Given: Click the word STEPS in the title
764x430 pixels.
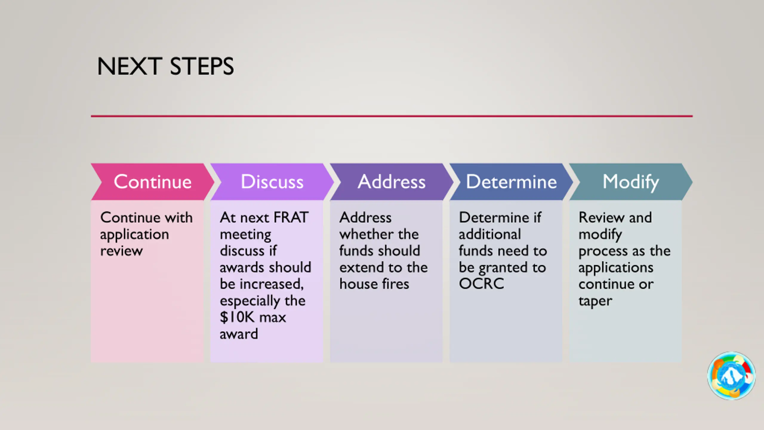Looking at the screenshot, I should [202, 66].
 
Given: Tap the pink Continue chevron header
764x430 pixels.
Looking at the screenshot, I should [153, 182].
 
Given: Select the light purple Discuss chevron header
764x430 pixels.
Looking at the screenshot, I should [272, 182].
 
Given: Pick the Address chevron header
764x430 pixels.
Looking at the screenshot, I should [392, 182].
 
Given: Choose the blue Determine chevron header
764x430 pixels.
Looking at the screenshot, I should [511, 182].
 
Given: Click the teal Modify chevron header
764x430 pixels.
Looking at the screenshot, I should [631, 182].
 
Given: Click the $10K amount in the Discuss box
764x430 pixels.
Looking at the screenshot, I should [237, 317].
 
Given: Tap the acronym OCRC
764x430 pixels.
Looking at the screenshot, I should [481, 284].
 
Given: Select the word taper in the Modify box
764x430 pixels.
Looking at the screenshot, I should [595, 301].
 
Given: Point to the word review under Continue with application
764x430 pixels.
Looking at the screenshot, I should [121, 251].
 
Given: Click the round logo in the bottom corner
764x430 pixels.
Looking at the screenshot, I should [731, 376].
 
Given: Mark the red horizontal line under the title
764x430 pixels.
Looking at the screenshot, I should [392, 116].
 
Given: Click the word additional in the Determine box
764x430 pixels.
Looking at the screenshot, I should [490, 234].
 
